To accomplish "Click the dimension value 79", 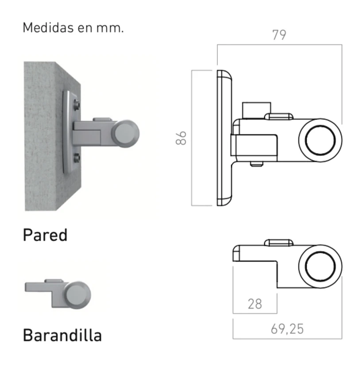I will click(279, 35).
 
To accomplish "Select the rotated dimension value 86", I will click(180, 138).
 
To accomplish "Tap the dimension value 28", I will click(255, 304).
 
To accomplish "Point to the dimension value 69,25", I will click(287, 329).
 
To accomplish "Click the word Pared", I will click(45, 235).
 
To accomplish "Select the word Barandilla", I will click(62, 335).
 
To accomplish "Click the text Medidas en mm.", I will click(73, 27).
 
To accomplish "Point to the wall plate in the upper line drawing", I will click(224, 138).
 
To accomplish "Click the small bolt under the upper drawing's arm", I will click(256, 164).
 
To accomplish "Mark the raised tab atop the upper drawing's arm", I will click(279, 116).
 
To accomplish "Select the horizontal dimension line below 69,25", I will click(287, 339).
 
